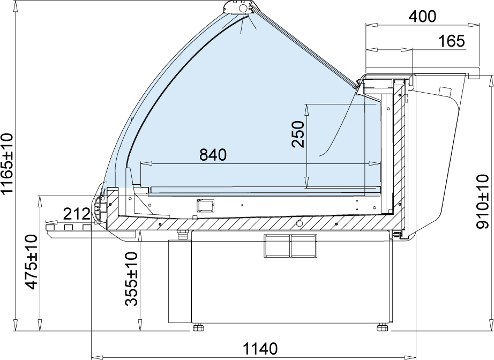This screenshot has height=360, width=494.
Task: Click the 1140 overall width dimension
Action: [x=260, y=349]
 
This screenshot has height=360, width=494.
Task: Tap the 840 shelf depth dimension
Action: [x=213, y=155]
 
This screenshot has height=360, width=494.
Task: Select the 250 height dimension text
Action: [x=298, y=134]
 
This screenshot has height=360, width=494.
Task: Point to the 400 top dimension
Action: [x=422, y=17]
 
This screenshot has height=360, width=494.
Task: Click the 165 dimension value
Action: [x=452, y=41]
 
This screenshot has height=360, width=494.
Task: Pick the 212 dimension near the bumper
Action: [x=77, y=214]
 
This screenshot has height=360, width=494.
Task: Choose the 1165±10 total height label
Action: [x=7, y=163]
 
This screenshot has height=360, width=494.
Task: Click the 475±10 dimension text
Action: [x=32, y=261]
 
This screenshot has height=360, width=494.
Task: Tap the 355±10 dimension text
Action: [x=131, y=279]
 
